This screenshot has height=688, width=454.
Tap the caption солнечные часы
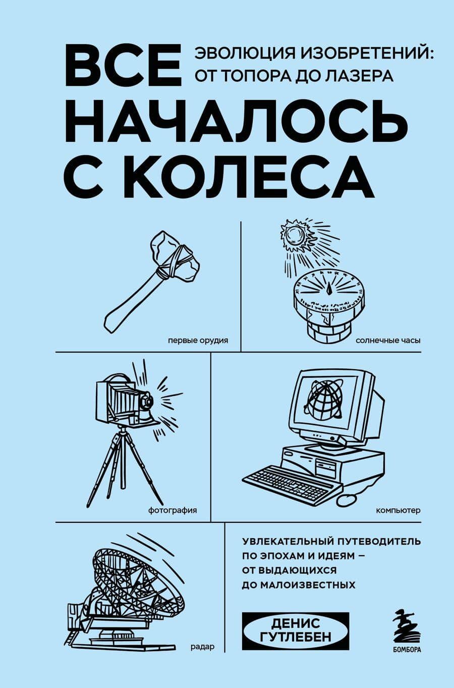[x=388, y=340]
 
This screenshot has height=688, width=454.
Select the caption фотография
[x=173, y=510]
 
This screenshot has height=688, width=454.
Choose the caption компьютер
[x=398, y=510]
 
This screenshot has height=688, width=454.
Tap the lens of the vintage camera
[x=147, y=402]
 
